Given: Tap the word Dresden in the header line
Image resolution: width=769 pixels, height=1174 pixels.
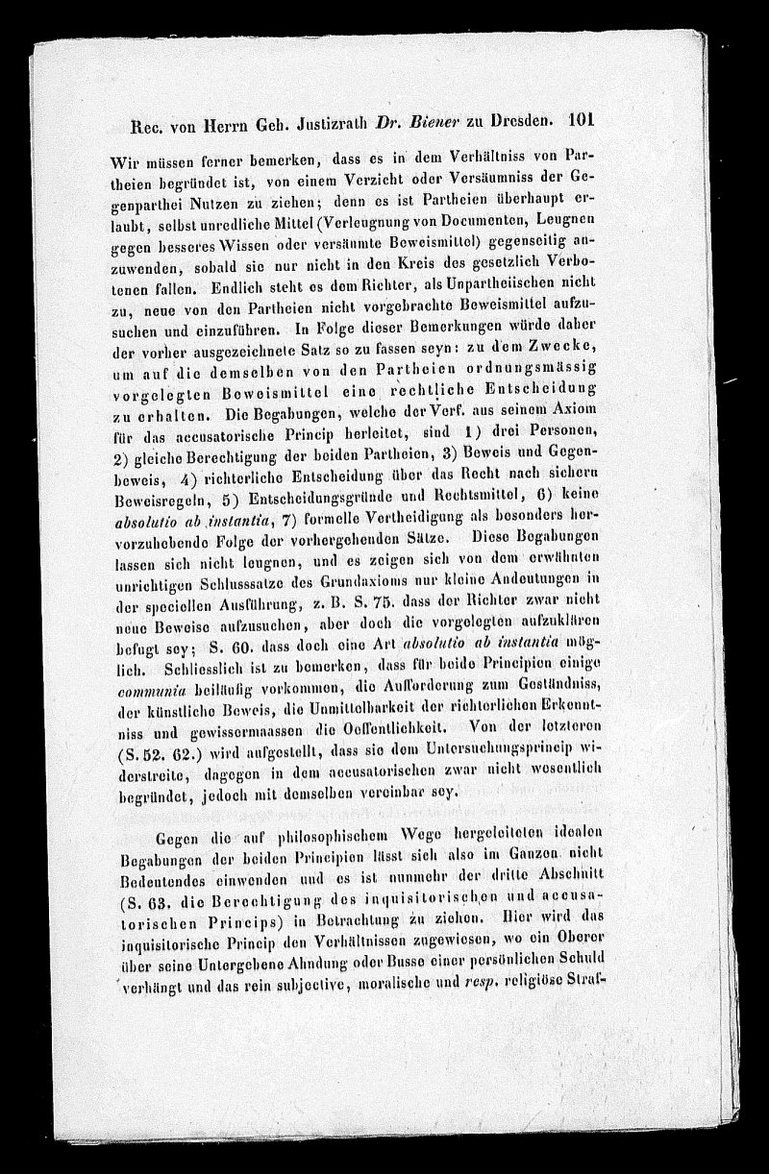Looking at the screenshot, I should pos(514,122).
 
